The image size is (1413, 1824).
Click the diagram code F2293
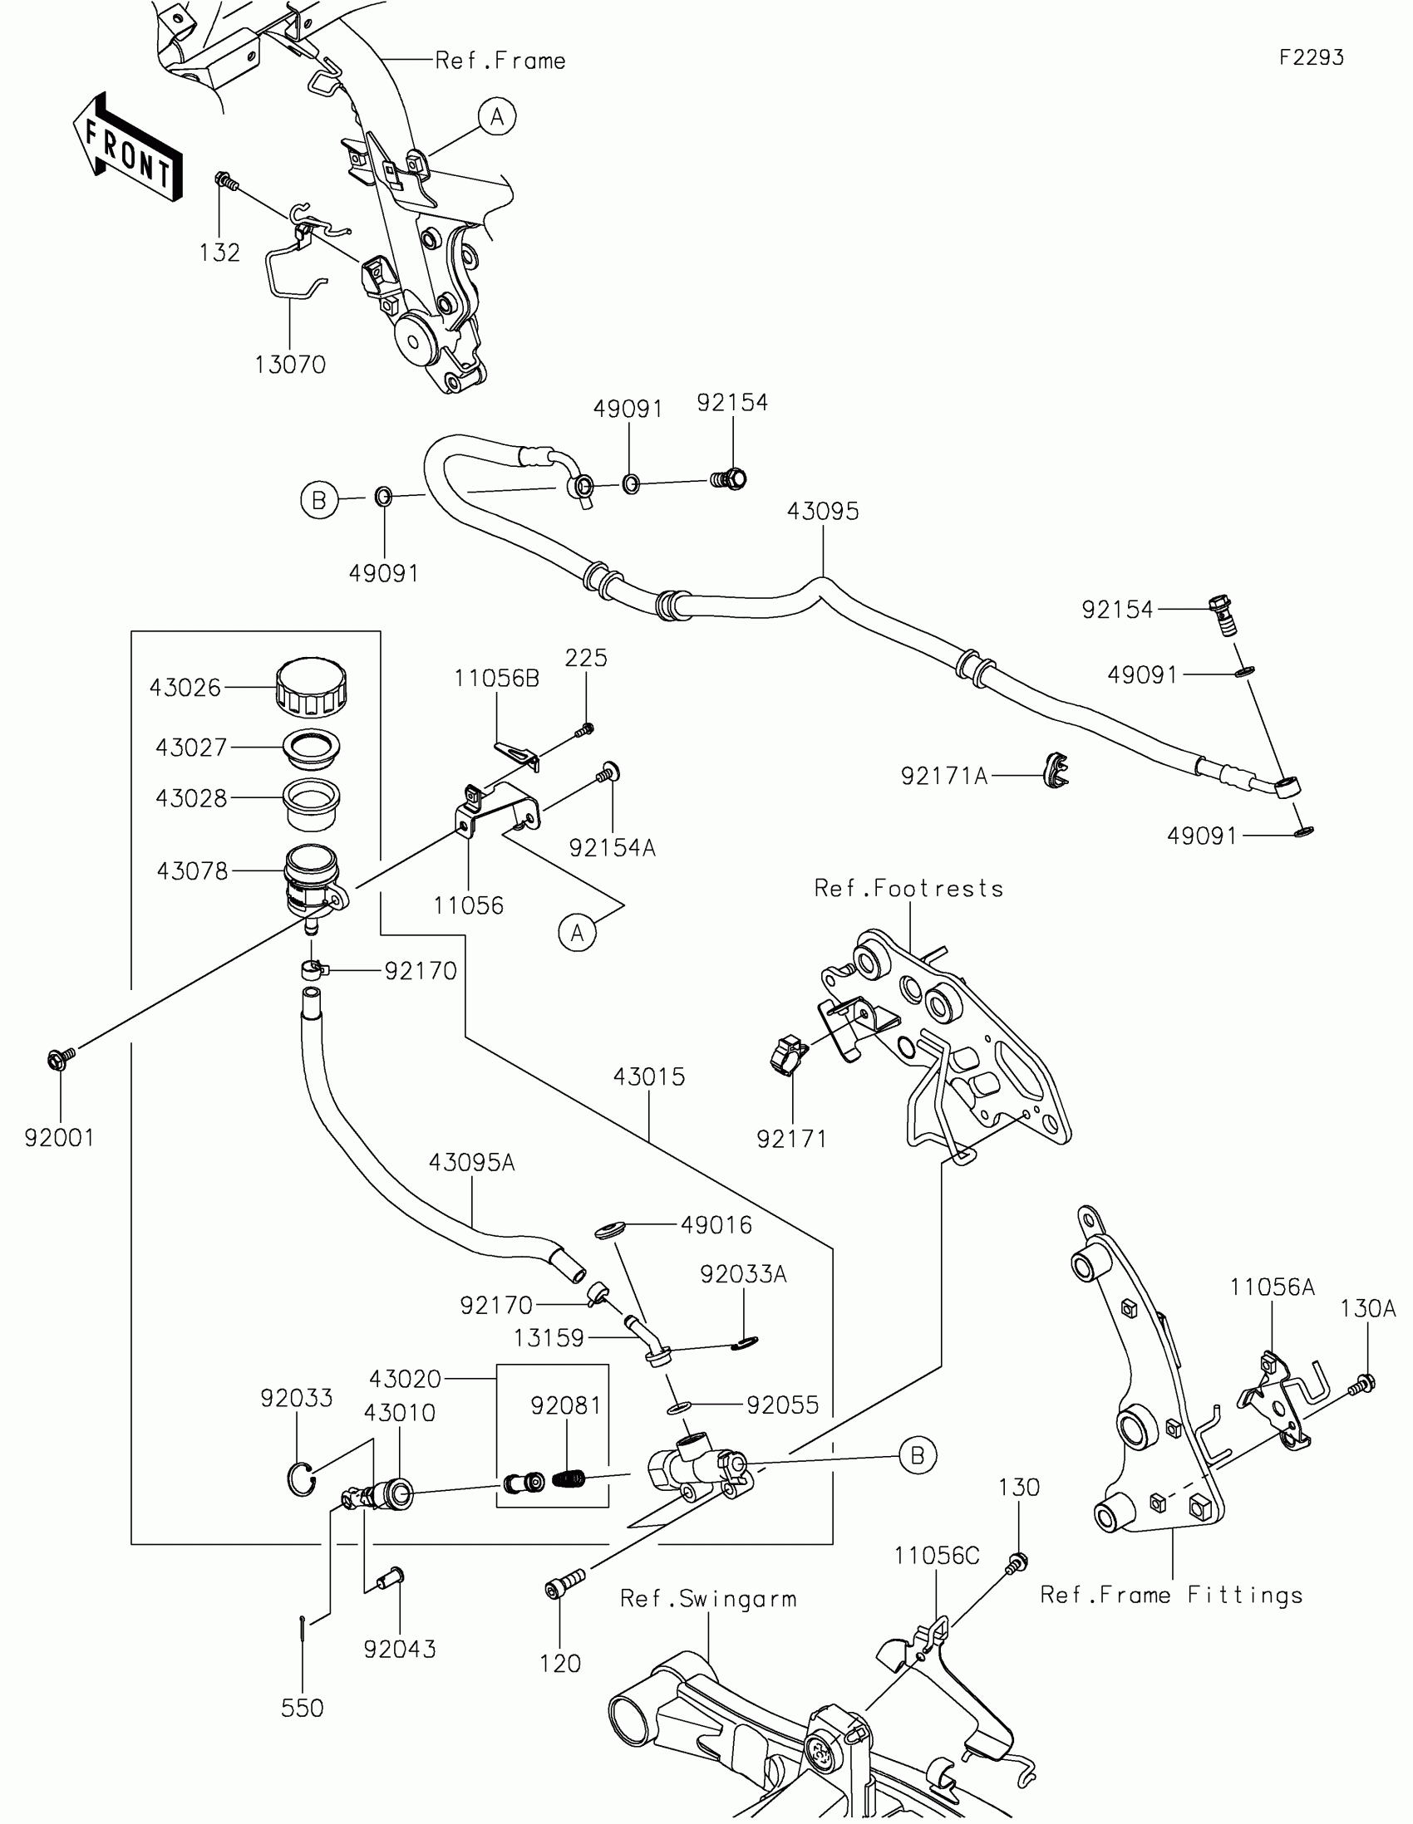[1311, 57]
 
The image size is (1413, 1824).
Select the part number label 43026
[185, 688]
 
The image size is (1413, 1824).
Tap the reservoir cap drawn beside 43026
[311, 687]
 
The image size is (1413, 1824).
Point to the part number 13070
[290, 364]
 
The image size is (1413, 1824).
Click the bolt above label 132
[224, 179]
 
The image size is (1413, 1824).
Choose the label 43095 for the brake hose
[822, 511]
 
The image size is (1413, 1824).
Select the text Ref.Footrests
[908, 888]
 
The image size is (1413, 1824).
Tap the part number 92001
[59, 1137]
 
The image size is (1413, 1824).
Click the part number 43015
[648, 1076]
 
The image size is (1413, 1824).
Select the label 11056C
[936, 1556]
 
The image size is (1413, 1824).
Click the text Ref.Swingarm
[708, 1599]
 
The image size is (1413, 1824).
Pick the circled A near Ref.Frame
[497, 117]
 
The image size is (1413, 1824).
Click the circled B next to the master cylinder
[918, 1456]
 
